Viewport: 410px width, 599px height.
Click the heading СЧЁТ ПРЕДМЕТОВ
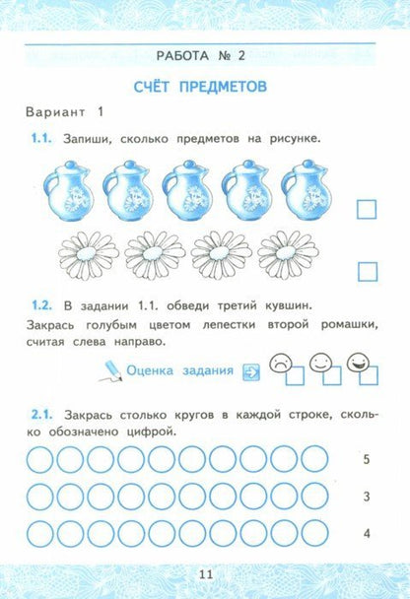[x=204, y=87]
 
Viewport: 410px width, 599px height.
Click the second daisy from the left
[x=151, y=255]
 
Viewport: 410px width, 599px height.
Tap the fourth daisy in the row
[x=284, y=255]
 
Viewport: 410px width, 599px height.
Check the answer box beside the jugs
[x=367, y=208]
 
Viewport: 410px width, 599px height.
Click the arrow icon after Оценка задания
[x=250, y=371]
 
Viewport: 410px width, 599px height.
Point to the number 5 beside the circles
[x=367, y=460]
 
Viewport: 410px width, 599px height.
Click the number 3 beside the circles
[x=367, y=498]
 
